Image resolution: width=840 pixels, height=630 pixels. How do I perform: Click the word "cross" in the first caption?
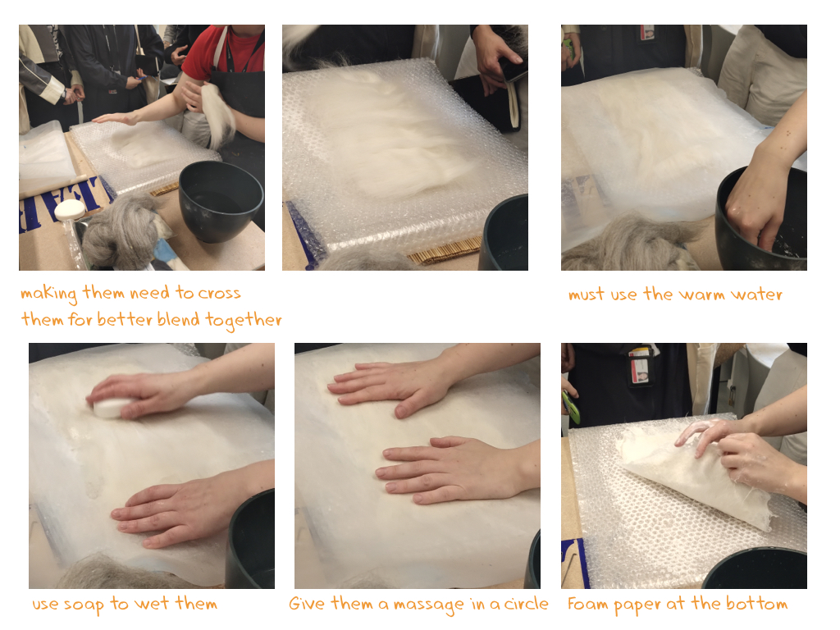tap(219, 294)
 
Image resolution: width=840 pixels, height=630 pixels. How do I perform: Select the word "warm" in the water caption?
tap(701, 294)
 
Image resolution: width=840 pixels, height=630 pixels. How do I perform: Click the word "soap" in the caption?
tap(84, 605)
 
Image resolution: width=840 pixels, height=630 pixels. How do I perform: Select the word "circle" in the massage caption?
tap(526, 604)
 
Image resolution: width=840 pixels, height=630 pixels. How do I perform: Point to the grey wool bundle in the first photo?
tap(121, 231)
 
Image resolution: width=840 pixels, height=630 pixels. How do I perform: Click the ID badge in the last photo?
tap(640, 367)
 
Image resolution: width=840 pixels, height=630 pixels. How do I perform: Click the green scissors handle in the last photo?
tap(571, 407)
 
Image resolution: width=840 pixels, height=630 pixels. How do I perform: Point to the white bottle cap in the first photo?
tap(69, 209)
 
